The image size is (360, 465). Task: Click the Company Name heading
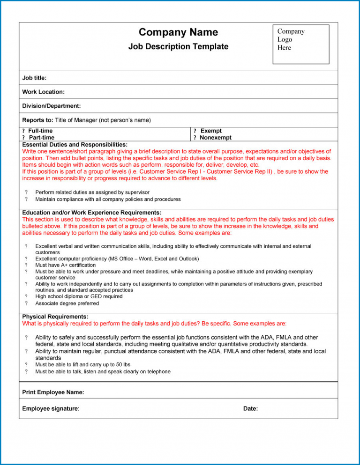[178, 32]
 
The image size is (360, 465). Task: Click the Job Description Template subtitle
[178, 47]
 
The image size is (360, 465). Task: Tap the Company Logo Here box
[300, 44]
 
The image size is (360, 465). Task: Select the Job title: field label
[34, 78]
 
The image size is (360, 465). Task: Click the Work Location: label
[43, 92]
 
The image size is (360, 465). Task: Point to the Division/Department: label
[51, 106]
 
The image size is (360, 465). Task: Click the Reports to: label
[37, 120]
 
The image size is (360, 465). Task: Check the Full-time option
[40, 131]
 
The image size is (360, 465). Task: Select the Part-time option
[41, 138]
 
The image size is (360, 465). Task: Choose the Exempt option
[210, 131]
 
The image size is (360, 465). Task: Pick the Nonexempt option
[215, 138]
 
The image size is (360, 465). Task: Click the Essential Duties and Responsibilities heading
[75, 145]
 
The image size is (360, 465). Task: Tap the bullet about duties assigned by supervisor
[92, 192]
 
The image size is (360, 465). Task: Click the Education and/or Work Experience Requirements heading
[92, 213]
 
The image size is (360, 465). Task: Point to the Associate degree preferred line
[67, 303]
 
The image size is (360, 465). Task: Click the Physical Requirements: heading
[55, 317]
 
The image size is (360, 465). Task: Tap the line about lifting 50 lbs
[82, 364]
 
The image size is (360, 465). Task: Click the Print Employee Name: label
[53, 391]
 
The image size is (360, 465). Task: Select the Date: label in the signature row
[250, 409]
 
